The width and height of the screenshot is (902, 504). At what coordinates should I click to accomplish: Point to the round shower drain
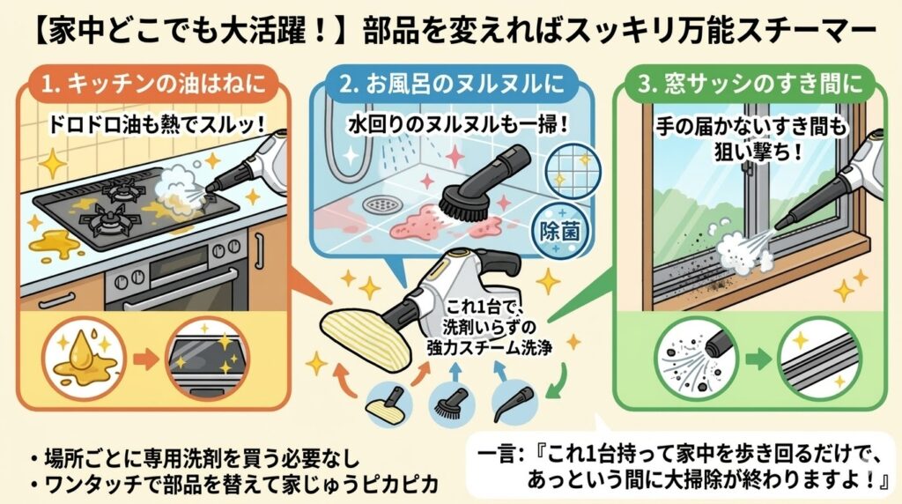[381, 204]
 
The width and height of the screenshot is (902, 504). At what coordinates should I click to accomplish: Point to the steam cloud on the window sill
[736, 251]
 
